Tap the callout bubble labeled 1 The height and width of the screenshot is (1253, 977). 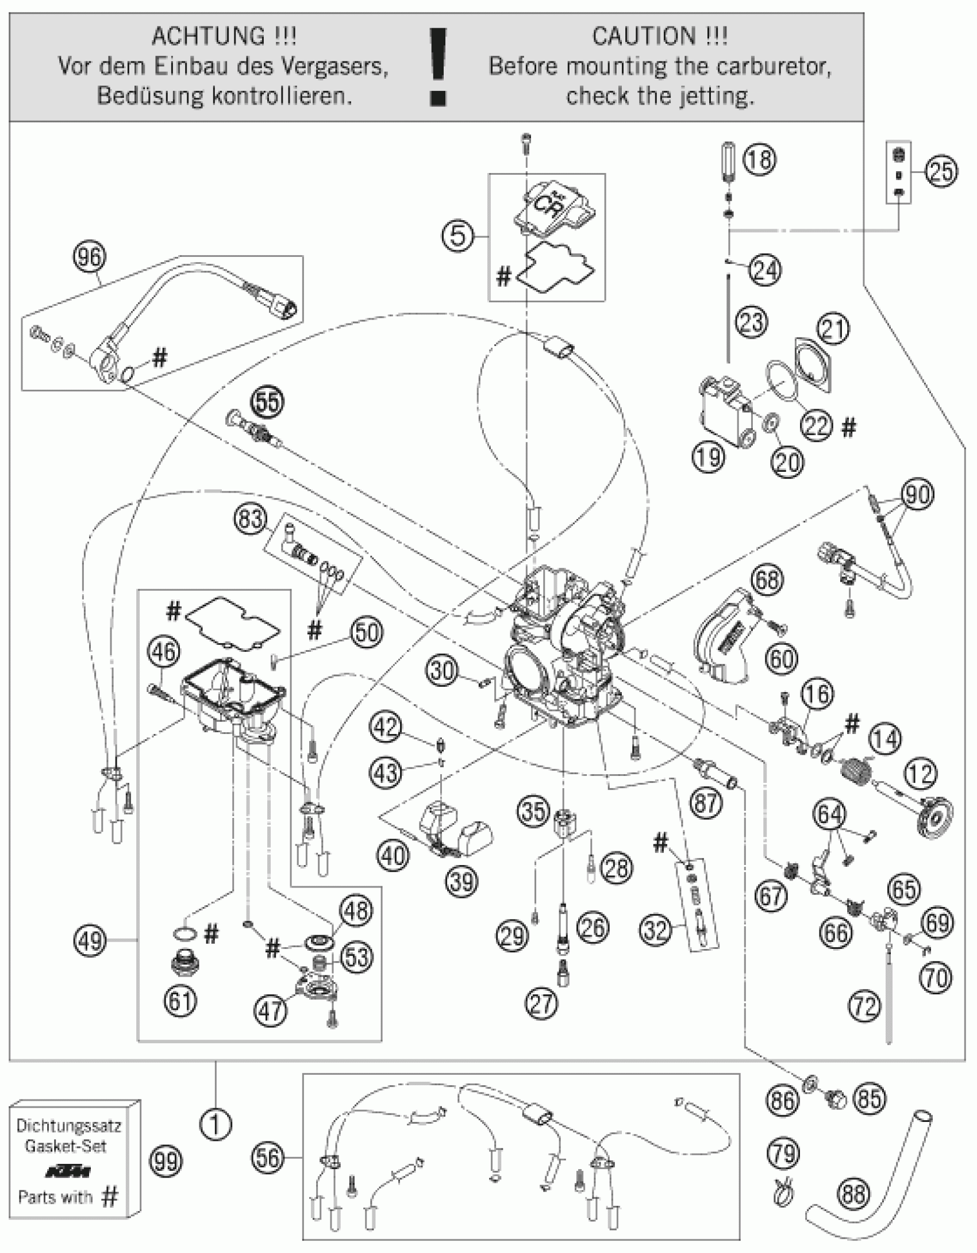216,1125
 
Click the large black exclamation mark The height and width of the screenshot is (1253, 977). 439,66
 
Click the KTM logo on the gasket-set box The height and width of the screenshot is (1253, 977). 65,1171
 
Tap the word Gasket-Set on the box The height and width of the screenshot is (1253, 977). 66,1146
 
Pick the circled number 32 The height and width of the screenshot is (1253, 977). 655,929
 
